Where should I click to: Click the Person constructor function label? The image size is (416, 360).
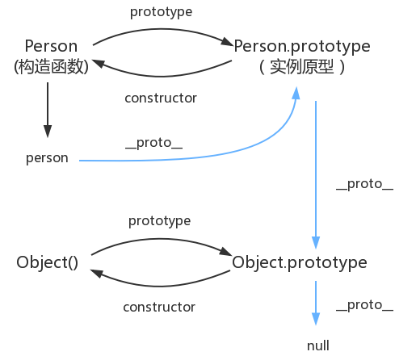(51, 46)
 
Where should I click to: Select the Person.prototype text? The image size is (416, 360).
(302, 47)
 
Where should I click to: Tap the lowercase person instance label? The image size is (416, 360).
(47, 158)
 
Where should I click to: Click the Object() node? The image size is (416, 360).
(47, 262)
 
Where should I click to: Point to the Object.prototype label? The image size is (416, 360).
(300, 263)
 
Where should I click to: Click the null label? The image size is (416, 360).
(318, 345)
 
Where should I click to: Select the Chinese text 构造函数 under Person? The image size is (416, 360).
(51, 66)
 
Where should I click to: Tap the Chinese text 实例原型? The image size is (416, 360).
(301, 67)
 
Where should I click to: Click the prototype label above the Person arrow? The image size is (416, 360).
(161, 12)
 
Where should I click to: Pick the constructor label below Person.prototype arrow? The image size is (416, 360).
(161, 98)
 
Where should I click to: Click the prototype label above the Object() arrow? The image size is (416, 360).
(159, 221)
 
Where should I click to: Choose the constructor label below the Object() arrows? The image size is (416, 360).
(159, 308)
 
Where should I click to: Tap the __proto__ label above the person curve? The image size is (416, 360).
(154, 143)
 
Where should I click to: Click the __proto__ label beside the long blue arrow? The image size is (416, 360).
(364, 185)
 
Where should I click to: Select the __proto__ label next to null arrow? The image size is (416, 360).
(364, 306)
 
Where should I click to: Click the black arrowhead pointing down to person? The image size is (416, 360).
(48, 131)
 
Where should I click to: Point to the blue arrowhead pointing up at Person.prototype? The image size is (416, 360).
(296, 93)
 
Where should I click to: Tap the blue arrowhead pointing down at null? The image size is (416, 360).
(316, 319)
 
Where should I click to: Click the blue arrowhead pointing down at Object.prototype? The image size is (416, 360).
(316, 243)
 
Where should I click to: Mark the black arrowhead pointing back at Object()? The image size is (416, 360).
(96, 273)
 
